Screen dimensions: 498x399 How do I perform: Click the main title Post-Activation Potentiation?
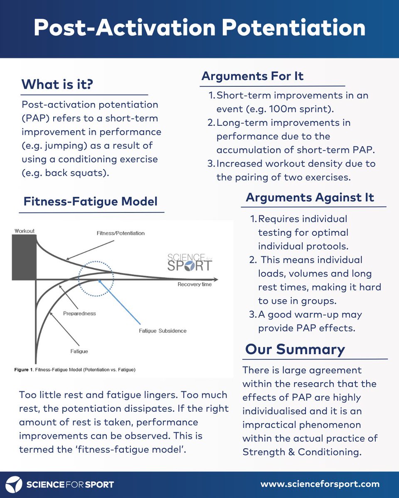pos(199,28)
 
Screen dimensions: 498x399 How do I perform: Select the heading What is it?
pos(57,84)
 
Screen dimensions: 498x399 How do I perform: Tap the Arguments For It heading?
pos(252,76)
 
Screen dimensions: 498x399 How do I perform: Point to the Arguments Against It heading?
pos(310,197)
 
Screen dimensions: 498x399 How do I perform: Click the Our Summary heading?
pos(295,349)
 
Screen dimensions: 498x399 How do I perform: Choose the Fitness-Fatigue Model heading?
pos(91,202)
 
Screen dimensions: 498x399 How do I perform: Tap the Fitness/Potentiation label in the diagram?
pos(118,233)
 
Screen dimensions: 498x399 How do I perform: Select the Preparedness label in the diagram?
pos(80,313)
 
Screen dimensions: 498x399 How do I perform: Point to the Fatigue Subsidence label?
pos(163,331)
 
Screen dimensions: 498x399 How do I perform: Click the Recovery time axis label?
pos(195,284)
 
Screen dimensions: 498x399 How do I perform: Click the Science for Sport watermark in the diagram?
pos(189,261)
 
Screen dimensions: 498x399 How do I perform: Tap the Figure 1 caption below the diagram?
pos(77,369)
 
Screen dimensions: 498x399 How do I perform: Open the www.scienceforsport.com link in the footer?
pos(320,484)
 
